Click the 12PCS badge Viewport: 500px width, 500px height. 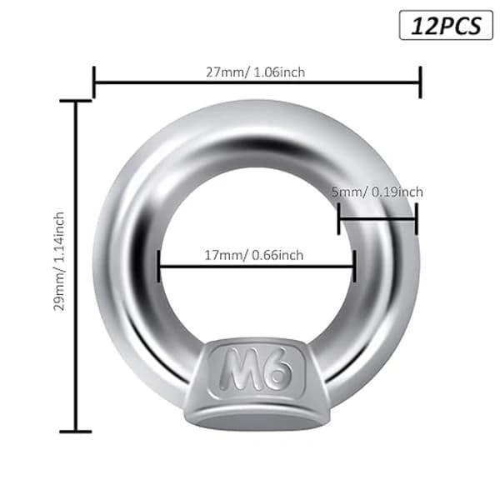click(x=446, y=25)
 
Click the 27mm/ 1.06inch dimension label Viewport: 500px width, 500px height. click(x=256, y=72)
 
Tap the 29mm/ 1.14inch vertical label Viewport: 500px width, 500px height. click(x=59, y=261)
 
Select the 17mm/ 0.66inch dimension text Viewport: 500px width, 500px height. click(x=254, y=256)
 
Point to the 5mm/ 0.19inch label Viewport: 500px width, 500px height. click(x=377, y=192)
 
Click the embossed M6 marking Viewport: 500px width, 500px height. click(x=256, y=368)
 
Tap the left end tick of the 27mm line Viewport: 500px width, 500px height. click(x=93, y=82)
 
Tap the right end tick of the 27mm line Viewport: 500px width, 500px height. click(x=420, y=82)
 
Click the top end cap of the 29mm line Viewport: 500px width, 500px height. click(x=76, y=101)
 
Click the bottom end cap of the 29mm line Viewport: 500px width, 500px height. click(x=76, y=432)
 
